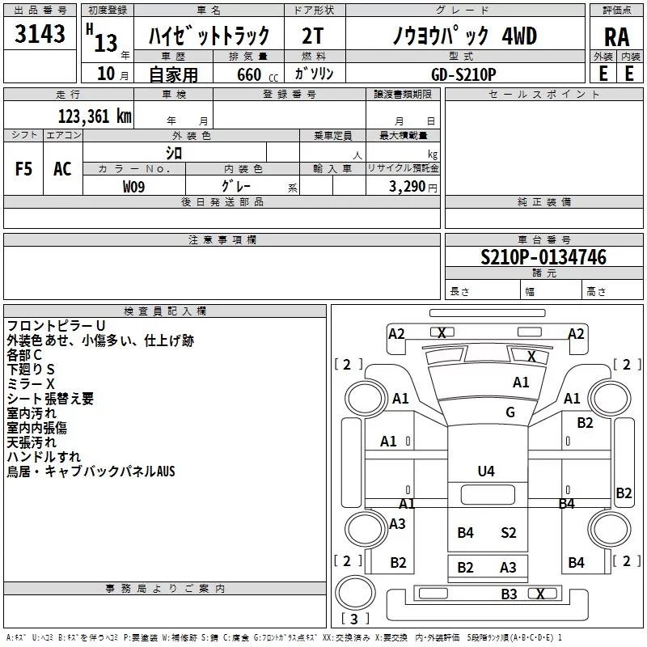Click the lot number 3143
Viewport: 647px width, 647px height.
tap(40, 33)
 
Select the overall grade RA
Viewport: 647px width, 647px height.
tap(617, 37)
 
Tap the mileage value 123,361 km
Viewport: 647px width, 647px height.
tap(95, 116)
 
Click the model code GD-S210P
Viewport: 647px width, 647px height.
tap(463, 74)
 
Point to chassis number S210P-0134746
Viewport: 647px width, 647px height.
tap(543, 257)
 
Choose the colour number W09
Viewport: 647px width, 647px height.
tap(133, 187)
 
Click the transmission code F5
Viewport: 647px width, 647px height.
tap(23, 169)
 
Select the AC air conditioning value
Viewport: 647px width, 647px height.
tap(62, 169)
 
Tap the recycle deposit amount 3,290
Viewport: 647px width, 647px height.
tap(407, 187)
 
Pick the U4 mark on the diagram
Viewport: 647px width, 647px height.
tap(486, 472)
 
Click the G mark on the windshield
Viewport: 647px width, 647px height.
tap(510, 412)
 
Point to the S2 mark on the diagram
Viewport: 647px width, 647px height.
tap(508, 533)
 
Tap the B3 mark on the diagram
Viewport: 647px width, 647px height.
tap(509, 594)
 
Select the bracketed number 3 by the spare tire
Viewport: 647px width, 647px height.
tap(354, 619)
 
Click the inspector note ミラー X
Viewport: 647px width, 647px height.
tap(31, 384)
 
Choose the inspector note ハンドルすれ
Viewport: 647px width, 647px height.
tap(44, 457)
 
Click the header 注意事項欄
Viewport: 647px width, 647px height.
tap(222, 239)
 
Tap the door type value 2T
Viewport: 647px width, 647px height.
tap(312, 36)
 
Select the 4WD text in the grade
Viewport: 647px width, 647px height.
tap(519, 36)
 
